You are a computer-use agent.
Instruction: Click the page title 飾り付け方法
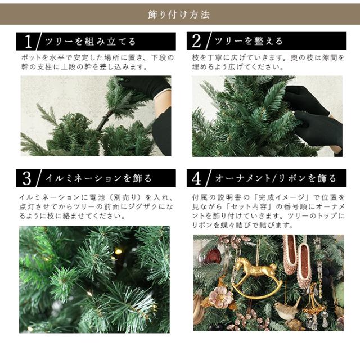179,15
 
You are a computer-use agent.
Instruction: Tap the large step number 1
28,41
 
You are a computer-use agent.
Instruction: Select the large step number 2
196,41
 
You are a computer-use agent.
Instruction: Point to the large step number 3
27,178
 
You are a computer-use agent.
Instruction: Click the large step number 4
197,178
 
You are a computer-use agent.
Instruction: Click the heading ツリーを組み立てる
91,42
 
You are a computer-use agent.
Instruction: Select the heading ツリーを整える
249,41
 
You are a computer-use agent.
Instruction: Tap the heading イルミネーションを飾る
98,178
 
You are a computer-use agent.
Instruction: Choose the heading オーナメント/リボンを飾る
276,178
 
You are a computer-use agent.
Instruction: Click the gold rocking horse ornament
256,278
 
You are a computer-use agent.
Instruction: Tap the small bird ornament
287,309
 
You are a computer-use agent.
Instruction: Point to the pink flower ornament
221,296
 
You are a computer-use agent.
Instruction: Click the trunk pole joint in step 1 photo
105,119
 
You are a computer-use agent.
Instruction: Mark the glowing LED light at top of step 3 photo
118,251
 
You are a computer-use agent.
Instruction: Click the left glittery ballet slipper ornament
290,254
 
